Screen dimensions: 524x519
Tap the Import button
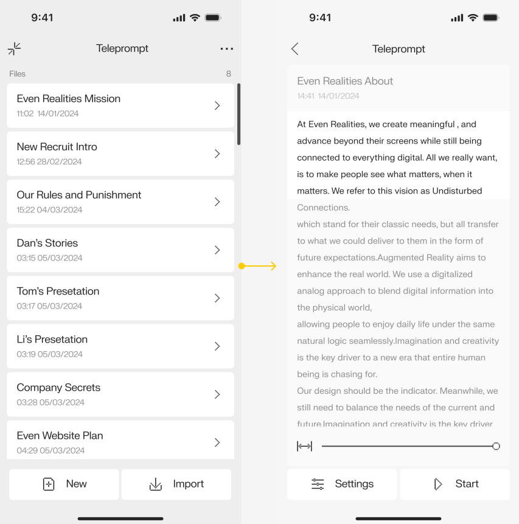point(176,484)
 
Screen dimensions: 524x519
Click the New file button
point(64,484)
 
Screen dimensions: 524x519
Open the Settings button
point(342,484)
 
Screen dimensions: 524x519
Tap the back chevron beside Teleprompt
point(295,49)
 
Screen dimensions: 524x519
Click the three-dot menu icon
point(226,49)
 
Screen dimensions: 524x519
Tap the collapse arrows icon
point(14,49)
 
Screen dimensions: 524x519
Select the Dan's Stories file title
point(47,243)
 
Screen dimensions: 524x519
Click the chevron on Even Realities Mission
point(217,106)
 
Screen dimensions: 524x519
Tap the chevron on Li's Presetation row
point(217,346)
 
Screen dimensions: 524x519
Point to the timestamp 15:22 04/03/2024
point(49,210)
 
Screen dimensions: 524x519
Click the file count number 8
point(229,74)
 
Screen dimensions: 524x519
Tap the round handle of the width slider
point(496,446)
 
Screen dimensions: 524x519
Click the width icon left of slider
point(304,446)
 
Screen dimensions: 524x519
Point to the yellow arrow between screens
point(259,266)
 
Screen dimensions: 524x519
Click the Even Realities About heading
point(345,81)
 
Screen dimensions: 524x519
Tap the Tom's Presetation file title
point(58,291)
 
